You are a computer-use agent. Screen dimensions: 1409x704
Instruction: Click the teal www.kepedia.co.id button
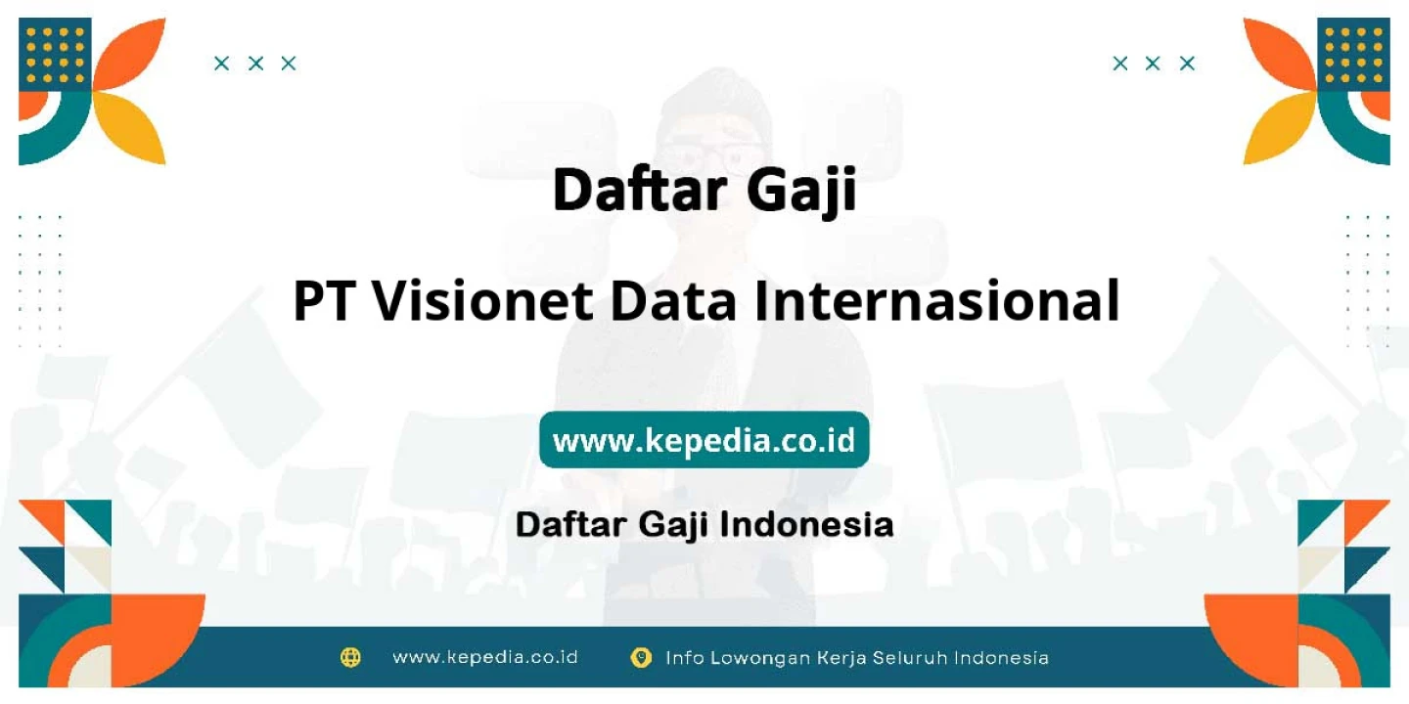(x=704, y=439)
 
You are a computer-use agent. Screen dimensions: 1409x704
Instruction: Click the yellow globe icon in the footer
(x=350, y=657)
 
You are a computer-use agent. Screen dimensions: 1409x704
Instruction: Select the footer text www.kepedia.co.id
(x=485, y=657)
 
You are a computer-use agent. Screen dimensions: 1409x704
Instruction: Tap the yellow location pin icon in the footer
(x=641, y=657)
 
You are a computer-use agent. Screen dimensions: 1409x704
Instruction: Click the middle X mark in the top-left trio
(x=255, y=64)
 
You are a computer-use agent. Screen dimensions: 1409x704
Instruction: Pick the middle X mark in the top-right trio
(x=1153, y=64)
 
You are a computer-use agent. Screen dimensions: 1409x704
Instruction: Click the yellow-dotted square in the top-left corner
(x=55, y=55)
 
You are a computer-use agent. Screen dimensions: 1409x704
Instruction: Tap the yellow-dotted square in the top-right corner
(x=1353, y=55)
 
